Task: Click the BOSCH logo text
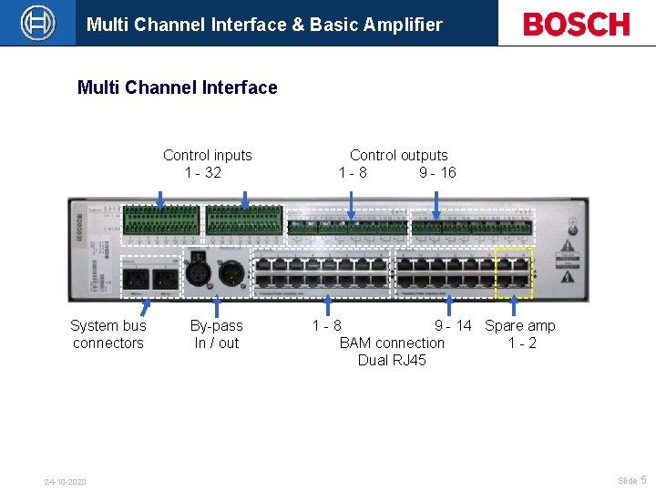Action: click(x=576, y=24)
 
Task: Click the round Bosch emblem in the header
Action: click(x=37, y=23)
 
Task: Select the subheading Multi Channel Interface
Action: click(x=178, y=87)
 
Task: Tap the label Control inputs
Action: click(x=208, y=155)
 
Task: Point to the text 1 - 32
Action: click(x=203, y=172)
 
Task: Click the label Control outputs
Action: click(x=399, y=155)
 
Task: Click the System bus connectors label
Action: click(x=108, y=334)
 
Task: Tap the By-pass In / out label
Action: click(x=216, y=334)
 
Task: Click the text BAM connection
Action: click(x=392, y=343)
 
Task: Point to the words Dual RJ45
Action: click(x=392, y=360)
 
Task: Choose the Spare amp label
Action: click(x=520, y=325)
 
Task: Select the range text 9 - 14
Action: click(x=453, y=325)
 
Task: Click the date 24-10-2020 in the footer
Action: click(x=66, y=481)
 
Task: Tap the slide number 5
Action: click(x=643, y=479)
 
